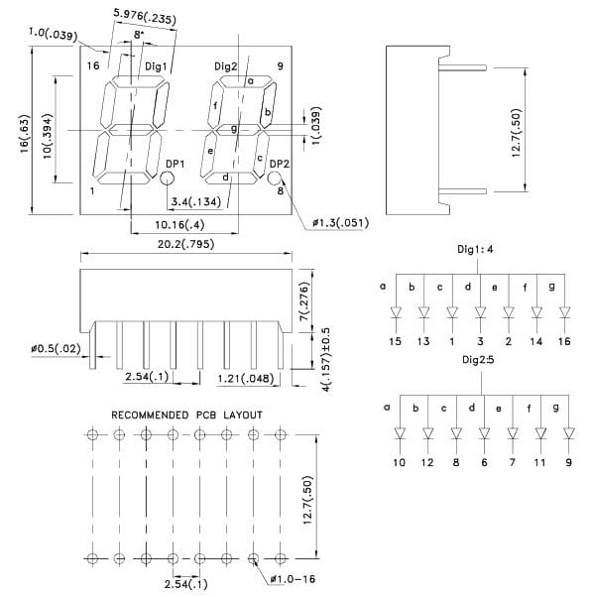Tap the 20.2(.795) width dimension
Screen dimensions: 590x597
pos(185,244)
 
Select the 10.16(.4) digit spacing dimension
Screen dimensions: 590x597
pos(179,225)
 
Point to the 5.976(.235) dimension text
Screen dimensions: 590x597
pos(145,16)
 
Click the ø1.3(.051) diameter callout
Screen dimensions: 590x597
pos(340,222)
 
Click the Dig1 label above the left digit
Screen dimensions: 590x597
pos(156,66)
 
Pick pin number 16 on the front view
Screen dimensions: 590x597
pos(93,65)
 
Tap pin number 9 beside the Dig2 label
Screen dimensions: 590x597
pos(281,65)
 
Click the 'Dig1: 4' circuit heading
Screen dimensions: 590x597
pos(475,249)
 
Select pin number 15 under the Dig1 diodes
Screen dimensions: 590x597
pos(395,341)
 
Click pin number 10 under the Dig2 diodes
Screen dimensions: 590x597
pos(399,462)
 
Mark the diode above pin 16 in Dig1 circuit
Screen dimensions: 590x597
pos(564,312)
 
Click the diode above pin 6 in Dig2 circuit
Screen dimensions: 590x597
pos(484,433)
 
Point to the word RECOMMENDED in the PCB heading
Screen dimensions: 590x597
pos(150,415)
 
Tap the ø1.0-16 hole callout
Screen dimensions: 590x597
pos(293,579)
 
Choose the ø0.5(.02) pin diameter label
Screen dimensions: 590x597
pos(56,348)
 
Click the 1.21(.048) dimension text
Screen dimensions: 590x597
pos(246,379)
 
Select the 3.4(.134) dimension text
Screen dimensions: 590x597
pos(195,201)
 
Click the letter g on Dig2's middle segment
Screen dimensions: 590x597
pos(234,129)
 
